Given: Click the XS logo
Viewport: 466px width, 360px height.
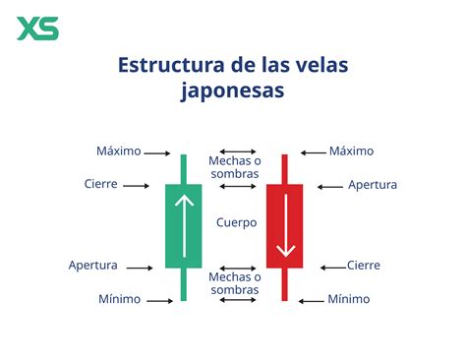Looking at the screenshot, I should pyautogui.click(x=38, y=28).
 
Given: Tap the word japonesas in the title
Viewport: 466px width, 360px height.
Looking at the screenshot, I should pyautogui.click(x=233, y=90).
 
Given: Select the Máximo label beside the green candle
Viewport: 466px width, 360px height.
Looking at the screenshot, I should pyautogui.click(x=119, y=151).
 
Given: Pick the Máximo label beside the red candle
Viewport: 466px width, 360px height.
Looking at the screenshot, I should pyautogui.click(x=351, y=151).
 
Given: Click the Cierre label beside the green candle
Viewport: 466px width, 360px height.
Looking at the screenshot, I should pyautogui.click(x=103, y=183).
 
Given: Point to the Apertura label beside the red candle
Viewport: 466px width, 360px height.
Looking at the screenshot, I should pyautogui.click(x=373, y=184).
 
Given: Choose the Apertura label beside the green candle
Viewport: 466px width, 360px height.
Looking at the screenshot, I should pyautogui.click(x=93, y=266).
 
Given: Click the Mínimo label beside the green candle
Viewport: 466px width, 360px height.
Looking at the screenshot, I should pyautogui.click(x=119, y=298).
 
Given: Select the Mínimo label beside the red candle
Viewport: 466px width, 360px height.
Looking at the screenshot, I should pyautogui.click(x=350, y=298).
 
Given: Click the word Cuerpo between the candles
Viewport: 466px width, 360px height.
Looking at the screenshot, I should pyautogui.click(x=236, y=223).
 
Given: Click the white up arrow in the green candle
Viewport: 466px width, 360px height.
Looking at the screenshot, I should pyautogui.click(x=183, y=224).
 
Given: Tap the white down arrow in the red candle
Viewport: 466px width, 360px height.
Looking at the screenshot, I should pyautogui.click(x=285, y=224).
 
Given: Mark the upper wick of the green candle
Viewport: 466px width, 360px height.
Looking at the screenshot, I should pyautogui.click(x=183, y=168).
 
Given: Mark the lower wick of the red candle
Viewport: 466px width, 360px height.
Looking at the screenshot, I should pyautogui.click(x=285, y=283).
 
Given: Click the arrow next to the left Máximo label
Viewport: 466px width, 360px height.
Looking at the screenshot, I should pyautogui.click(x=156, y=152).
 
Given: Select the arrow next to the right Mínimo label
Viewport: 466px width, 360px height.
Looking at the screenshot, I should pyautogui.click(x=313, y=298).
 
